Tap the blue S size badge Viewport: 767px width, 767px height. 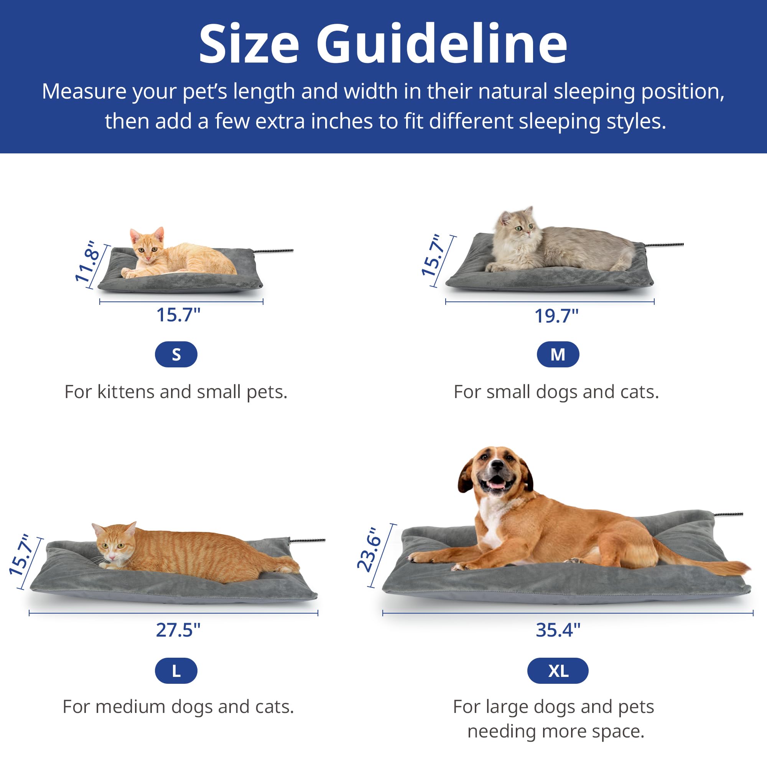[x=176, y=354]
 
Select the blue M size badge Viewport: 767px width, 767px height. [x=557, y=354]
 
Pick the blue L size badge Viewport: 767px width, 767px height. [x=176, y=670]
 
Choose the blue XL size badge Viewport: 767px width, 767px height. [x=557, y=670]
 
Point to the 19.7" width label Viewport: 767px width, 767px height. [x=556, y=316]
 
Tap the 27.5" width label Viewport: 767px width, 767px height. [x=178, y=630]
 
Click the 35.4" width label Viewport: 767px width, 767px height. [x=558, y=630]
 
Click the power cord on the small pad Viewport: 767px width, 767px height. [x=274, y=251]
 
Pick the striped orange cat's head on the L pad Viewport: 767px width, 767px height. [x=114, y=543]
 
